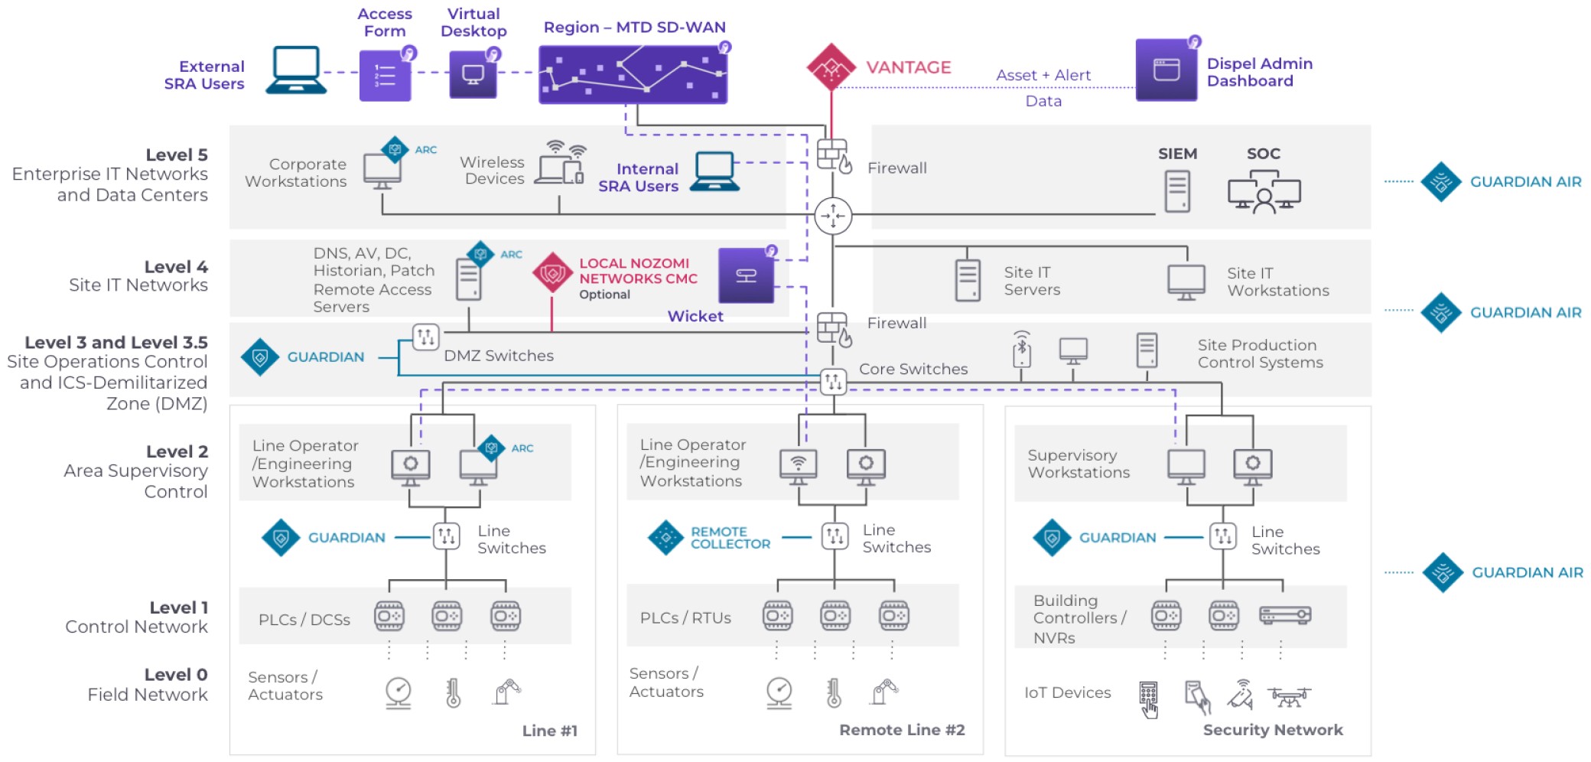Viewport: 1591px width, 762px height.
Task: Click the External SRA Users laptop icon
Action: tap(296, 70)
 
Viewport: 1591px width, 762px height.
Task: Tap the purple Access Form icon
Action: tap(385, 76)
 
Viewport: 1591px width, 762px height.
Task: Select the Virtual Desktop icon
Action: tap(473, 75)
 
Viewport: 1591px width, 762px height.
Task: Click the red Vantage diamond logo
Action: tap(831, 67)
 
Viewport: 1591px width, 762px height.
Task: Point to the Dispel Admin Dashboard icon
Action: tap(1166, 70)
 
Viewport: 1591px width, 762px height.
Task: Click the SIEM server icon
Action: tap(1177, 190)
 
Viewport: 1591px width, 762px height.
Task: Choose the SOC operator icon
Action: tap(1264, 192)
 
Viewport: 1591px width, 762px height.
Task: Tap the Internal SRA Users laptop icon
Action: tap(714, 171)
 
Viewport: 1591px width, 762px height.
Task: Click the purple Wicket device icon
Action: tap(746, 275)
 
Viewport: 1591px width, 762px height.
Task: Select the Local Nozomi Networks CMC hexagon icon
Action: tap(552, 273)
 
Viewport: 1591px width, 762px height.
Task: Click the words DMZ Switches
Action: tap(499, 356)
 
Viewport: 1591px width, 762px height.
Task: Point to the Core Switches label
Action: tap(913, 369)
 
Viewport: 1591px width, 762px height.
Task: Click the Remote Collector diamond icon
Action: tap(665, 538)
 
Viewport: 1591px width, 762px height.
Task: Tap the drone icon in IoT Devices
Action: tap(1289, 696)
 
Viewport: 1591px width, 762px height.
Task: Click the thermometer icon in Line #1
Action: tap(453, 693)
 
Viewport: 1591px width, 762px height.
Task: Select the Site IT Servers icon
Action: tap(968, 281)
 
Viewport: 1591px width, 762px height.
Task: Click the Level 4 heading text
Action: tap(176, 267)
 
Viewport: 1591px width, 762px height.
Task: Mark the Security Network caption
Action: tap(1273, 730)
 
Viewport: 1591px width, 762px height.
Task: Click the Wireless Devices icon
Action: tap(560, 163)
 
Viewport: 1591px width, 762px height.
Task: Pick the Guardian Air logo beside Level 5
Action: tap(1441, 182)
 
